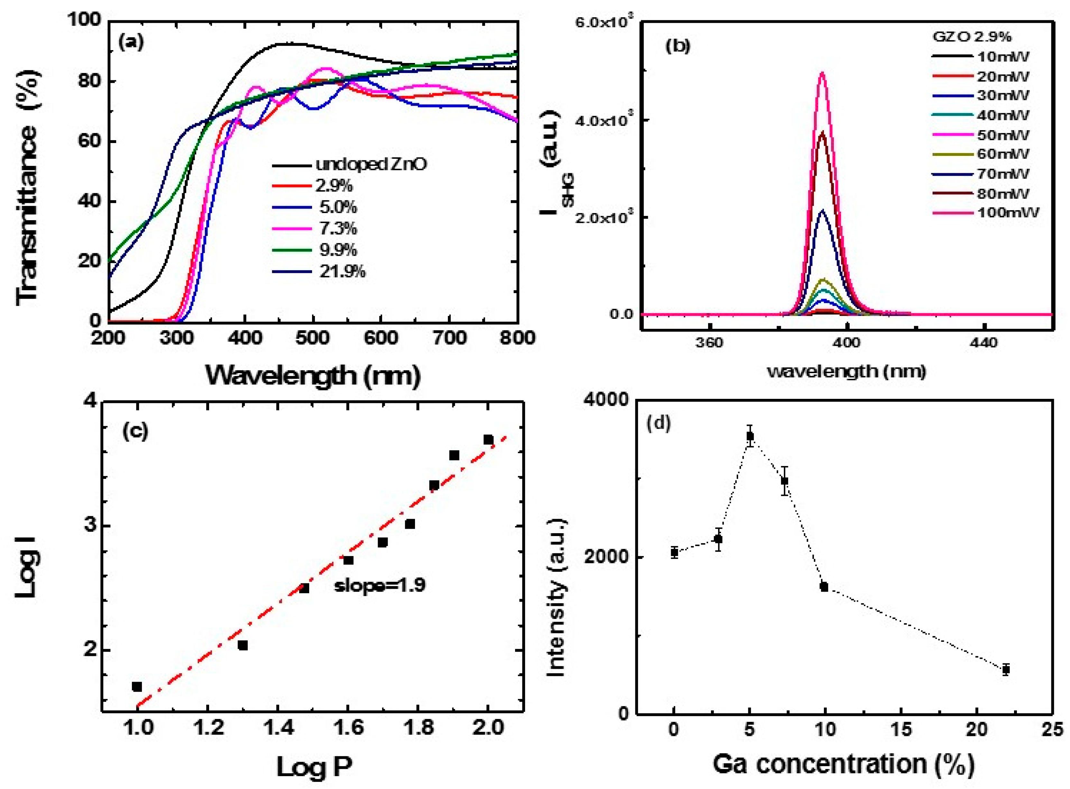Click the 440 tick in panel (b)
(984, 343)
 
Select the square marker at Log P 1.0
(137, 686)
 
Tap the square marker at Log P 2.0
(488, 439)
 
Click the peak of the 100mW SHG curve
(822, 73)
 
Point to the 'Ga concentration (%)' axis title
(844, 764)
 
